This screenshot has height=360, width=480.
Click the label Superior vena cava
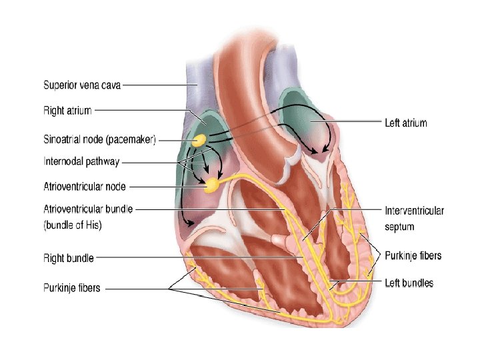[x=82, y=85]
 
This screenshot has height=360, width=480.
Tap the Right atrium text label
[x=67, y=110]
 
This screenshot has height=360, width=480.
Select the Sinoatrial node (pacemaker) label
[x=99, y=140]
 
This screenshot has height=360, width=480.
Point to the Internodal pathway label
[x=81, y=161]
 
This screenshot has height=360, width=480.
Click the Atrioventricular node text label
[x=84, y=187]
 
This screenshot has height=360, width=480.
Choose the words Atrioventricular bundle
[x=87, y=209]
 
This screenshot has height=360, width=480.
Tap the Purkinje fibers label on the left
[x=72, y=288]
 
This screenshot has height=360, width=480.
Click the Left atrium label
[x=405, y=123]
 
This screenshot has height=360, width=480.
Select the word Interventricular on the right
[x=414, y=211]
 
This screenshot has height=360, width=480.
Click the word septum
[x=399, y=227]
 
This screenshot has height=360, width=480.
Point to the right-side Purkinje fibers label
[x=413, y=255]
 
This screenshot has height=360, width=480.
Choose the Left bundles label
[x=409, y=283]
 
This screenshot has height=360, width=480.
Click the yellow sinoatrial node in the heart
[x=199, y=141]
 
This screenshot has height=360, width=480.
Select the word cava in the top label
[x=110, y=85]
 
